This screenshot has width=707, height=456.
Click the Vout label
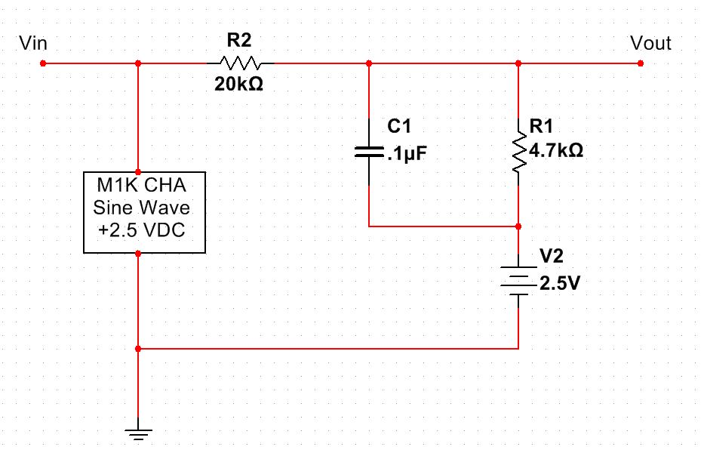[x=650, y=44]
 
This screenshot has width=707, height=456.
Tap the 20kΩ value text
[x=240, y=85]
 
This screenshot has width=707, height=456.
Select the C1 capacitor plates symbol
[x=368, y=153]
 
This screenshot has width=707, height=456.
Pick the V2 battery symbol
[x=518, y=280]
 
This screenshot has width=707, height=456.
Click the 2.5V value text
[x=560, y=286]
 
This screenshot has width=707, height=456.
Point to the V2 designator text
[x=552, y=254]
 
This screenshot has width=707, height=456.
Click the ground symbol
[x=138, y=433]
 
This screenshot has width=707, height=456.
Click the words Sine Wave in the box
[x=143, y=207]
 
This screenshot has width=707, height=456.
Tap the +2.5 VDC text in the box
[x=143, y=229]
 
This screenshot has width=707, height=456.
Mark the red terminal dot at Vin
[x=44, y=63]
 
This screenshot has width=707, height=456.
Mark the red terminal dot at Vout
[x=640, y=63]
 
